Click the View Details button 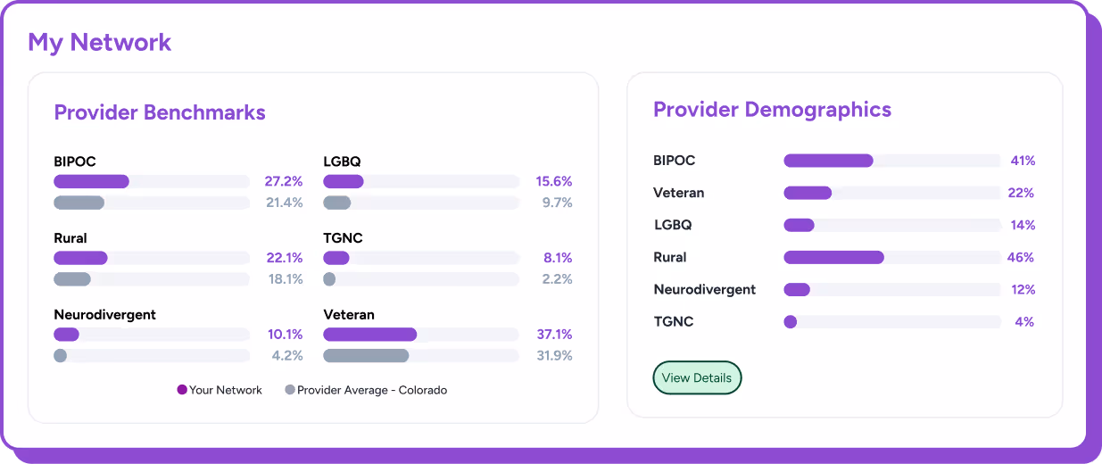click(x=697, y=377)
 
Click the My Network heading click(x=99, y=42)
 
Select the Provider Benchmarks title click(x=160, y=112)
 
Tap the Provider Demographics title click(x=772, y=110)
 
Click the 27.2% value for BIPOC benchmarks click(x=284, y=181)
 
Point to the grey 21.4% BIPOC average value click(x=284, y=203)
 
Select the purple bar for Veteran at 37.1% click(x=369, y=335)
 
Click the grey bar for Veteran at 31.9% click(x=366, y=356)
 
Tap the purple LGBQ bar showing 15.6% click(x=344, y=181)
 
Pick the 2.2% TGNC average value click(x=557, y=279)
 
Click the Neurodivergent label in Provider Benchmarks click(x=104, y=315)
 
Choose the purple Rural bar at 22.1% click(x=80, y=258)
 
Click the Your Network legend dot click(x=182, y=390)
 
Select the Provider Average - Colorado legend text click(x=371, y=390)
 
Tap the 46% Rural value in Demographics click(x=1021, y=257)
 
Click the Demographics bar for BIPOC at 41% click(x=828, y=161)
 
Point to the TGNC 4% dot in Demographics click(x=790, y=321)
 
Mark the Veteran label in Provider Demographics click(x=678, y=193)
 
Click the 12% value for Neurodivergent click(x=1022, y=289)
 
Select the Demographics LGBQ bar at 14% click(x=799, y=225)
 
